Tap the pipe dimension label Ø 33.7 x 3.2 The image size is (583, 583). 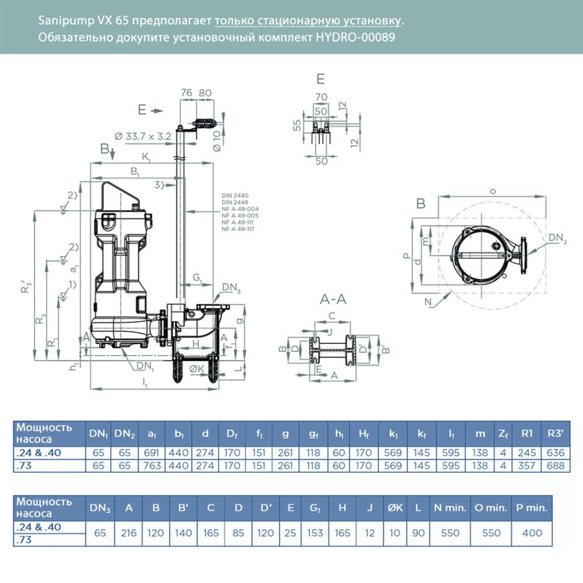click(142, 136)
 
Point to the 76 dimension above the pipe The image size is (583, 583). click(186, 93)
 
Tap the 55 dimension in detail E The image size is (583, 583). click(297, 126)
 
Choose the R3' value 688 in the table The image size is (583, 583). click(556, 465)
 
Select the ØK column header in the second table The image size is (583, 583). click(394, 508)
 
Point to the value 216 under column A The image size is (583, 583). click(129, 533)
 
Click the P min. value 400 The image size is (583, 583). click(534, 533)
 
